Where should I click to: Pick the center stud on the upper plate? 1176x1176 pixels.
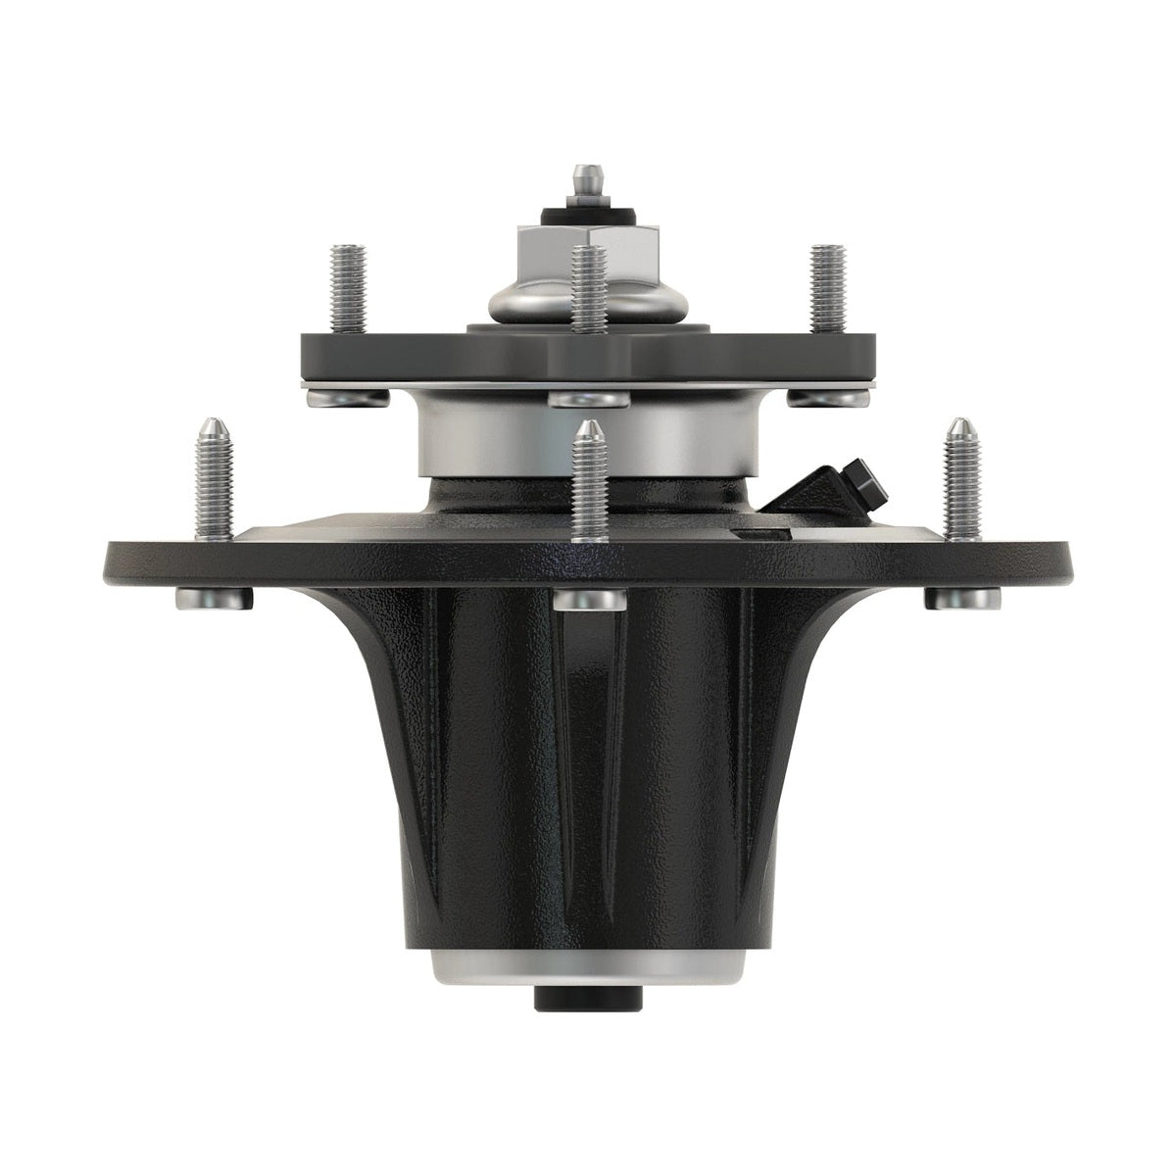tap(588, 290)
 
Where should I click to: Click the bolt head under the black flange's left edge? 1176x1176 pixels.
tap(214, 597)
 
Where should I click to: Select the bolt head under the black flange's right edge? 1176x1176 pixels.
tap(961, 597)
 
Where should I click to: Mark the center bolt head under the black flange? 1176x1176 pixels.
tap(588, 600)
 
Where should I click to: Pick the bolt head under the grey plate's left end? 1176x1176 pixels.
tap(345, 397)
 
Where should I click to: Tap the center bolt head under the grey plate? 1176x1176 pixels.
tap(588, 399)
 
